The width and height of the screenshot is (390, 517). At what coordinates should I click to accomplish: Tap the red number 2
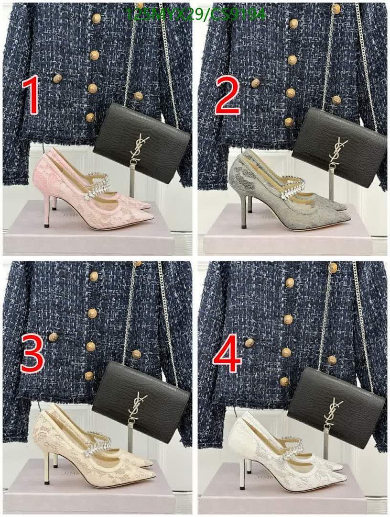(228, 96)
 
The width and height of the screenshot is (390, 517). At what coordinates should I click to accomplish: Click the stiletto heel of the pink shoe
(47, 211)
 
